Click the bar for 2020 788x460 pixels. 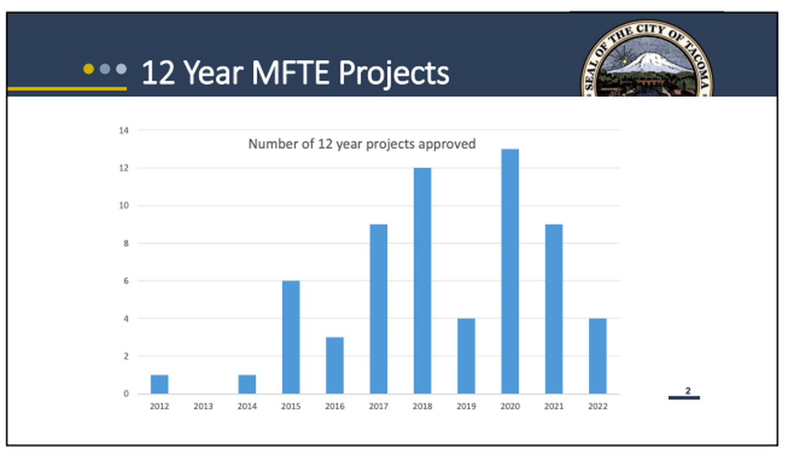pos(510,271)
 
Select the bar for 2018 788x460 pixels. pos(422,281)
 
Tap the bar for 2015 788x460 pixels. pos(291,337)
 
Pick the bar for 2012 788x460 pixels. pos(160,384)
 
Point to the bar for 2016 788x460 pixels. pos(335,365)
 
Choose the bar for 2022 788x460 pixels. pos(597,356)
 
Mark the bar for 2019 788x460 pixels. pos(466,356)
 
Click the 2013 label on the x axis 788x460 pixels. pos(203,407)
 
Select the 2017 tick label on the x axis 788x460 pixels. pos(378,407)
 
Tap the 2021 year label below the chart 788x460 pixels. pos(554,407)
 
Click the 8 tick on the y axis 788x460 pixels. pos(125,243)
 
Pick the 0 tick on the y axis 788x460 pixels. pos(125,394)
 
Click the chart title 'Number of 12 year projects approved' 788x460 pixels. pos(362,145)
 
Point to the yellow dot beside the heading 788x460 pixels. pos(88,68)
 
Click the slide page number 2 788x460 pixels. pos(688,391)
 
